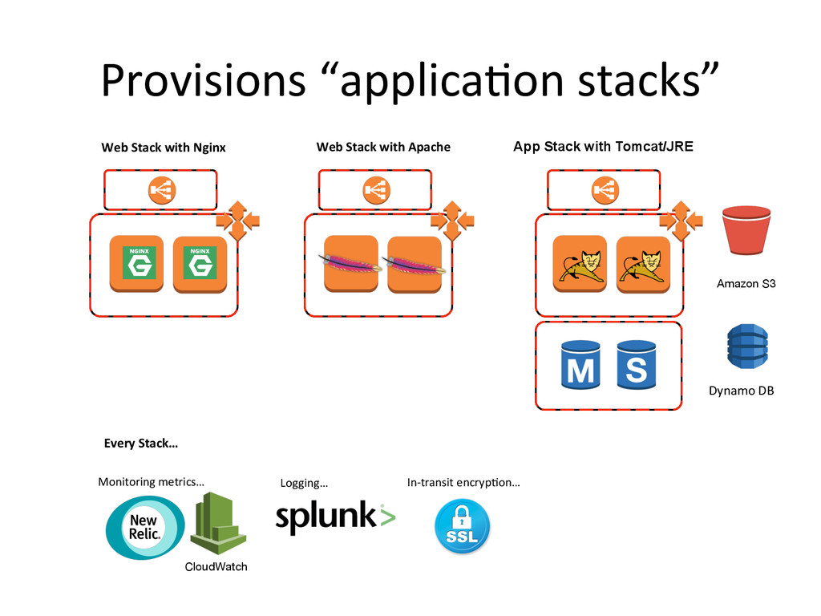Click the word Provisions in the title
[x=203, y=80]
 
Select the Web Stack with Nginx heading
[x=164, y=148]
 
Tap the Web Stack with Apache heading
[x=383, y=148]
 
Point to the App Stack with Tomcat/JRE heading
[x=603, y=147]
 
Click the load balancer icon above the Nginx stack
[x=162, y=189]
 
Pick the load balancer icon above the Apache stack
[x=377, y=189]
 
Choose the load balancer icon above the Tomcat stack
[x=605, y=189]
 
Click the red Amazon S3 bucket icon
[x=746, y=230]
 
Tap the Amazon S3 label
[x=746, y=284]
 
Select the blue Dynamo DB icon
[x=747, y=346]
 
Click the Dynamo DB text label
[x=742, y=391]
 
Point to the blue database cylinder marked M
[x=580, y=365]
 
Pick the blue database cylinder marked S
[x=636, y=365]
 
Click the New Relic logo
[x=145, y=528]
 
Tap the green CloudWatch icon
[x=218, y=523]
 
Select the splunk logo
[x=336, y=517]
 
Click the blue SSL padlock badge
[x=462, y=526]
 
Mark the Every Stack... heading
[x=141, y=444]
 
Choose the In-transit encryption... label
[x=463, y=482]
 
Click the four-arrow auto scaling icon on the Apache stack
[x=453, y=221]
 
